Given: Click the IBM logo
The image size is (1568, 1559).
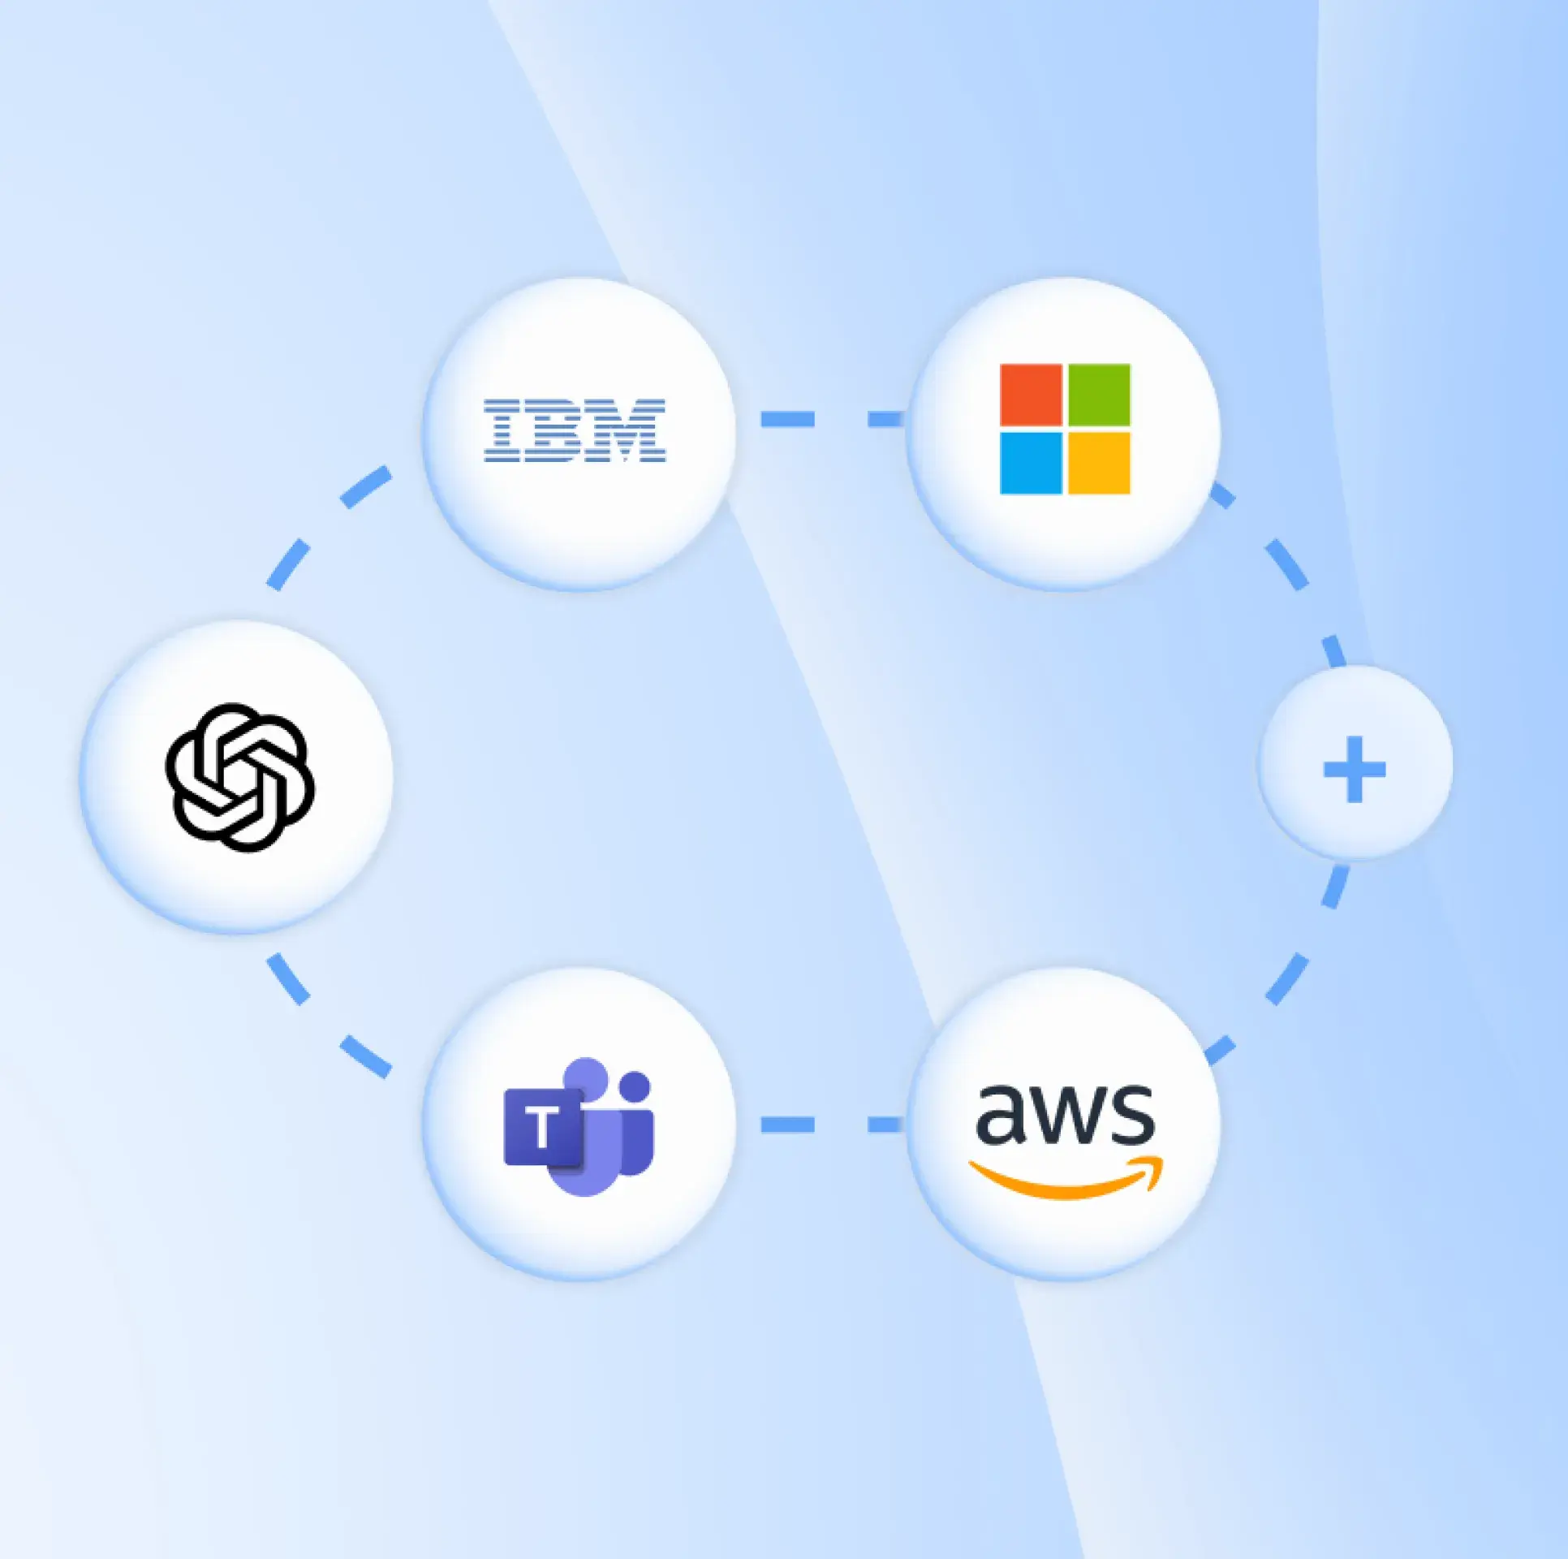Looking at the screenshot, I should point(575,431).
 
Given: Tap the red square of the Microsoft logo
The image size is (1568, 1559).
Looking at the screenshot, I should point(1031,395).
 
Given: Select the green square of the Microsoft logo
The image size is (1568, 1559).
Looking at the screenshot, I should point(1099,395).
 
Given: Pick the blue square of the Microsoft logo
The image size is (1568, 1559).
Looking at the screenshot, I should point(1031,463).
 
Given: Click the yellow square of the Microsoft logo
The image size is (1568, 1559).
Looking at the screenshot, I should point(1099,463).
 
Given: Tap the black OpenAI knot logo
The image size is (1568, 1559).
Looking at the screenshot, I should point(239,777).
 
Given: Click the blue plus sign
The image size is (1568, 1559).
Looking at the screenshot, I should point(1354,769).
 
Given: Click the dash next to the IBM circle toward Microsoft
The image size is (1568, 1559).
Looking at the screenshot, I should point(787,419).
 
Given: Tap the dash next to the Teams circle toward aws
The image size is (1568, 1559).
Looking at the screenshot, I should point(787,1125).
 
